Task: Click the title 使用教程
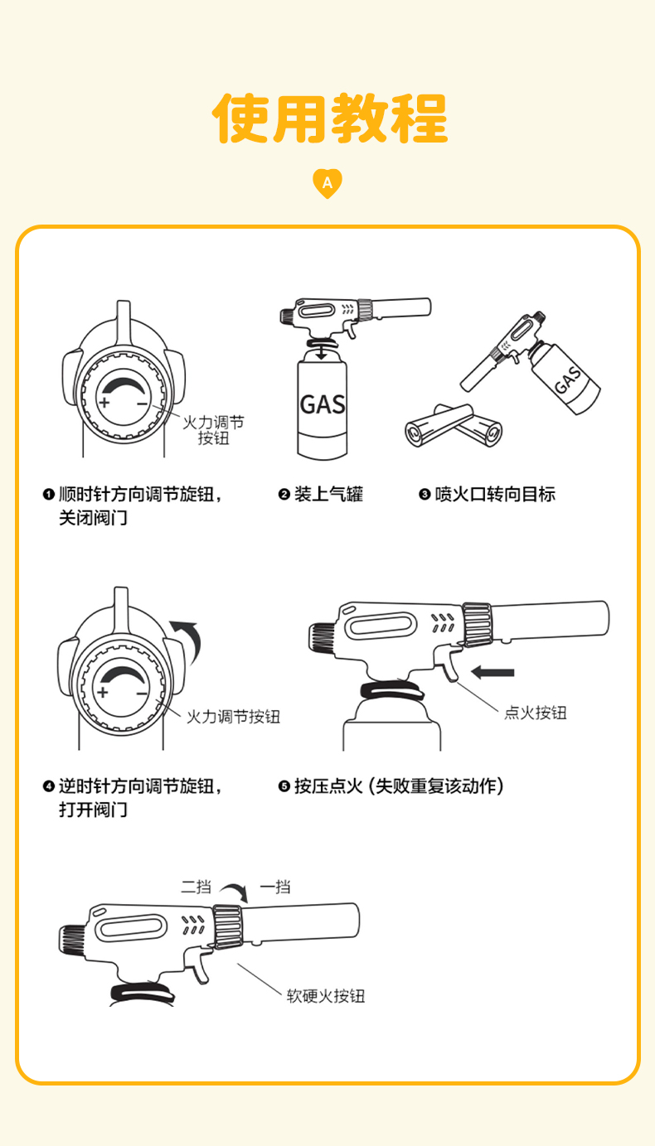[x=330, y=118]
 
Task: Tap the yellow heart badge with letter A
[x=327, y=182]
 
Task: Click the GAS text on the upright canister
[x=323, y=404]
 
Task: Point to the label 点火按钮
[x=536, y=713]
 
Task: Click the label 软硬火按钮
[x=326, y=996]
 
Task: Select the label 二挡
[x=196, y=887]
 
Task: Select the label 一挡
[x=275, y=887]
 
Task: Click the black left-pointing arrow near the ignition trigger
[x=492, y=672]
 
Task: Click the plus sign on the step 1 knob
[x=104, y=402]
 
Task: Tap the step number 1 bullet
[x=49, y=494]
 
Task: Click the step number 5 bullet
[x=284, y=786]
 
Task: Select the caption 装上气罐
[x=328, y=494]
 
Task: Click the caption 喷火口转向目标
[x=495, y=494]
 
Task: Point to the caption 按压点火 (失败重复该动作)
[x=399, y=786]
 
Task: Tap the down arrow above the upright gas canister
[x=321, y=352]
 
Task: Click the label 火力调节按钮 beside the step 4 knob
[x=233, y=717]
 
